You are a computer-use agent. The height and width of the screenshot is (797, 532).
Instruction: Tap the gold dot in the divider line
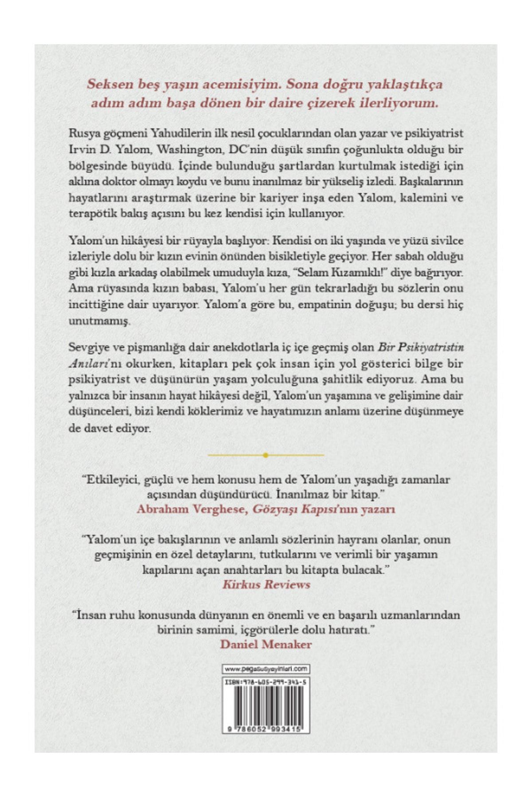pyautogui.click(x=265, y=455)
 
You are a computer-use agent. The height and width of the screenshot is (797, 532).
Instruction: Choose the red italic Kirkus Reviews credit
pyautogui.click(x=266, y=584)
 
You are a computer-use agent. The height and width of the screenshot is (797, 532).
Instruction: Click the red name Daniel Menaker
pyautogui.click(x=266, y=644)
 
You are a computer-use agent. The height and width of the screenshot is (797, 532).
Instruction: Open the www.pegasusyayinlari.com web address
pyautogui.click(x=266, y=669)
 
